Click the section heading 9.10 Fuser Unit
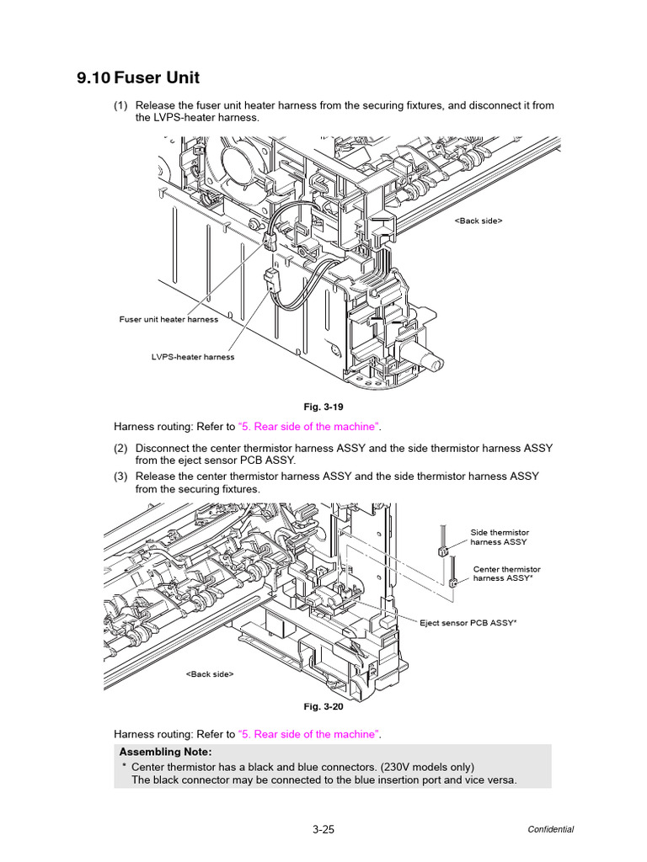138,78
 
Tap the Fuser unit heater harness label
168,319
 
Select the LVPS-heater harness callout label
193,357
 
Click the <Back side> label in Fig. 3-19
479,221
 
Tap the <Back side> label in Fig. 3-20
210,674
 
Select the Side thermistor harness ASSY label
500,537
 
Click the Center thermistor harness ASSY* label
506,574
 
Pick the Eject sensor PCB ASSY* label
468,623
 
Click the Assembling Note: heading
166,751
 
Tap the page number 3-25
323,829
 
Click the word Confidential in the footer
551,829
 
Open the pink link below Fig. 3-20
309,734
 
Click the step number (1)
120,105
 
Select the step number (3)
120,476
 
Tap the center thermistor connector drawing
452,582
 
